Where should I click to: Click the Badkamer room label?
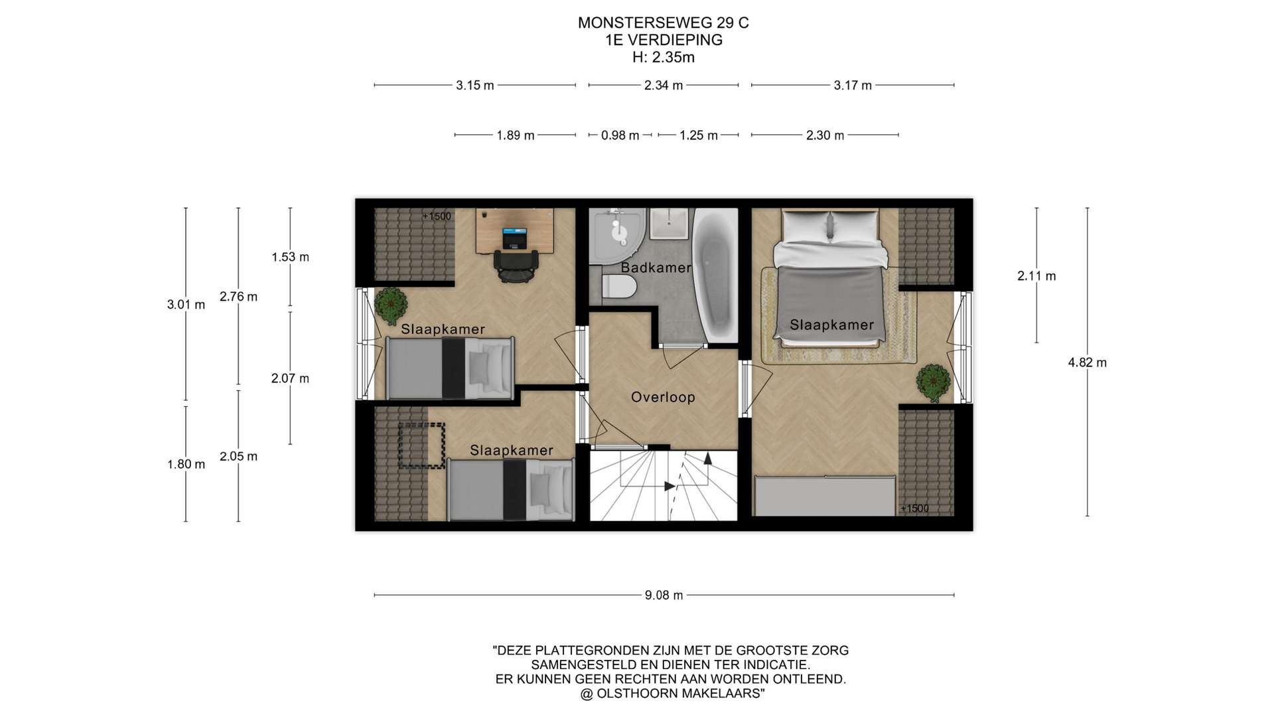click(x=656, y=268)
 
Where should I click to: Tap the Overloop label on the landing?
click(x=663, y=397)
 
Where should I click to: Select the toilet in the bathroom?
click(x=619, y=287)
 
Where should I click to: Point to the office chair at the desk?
click(x=514, y=265)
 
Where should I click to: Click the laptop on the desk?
click(x=514, y=238)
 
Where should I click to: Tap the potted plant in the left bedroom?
click(x=391, y=304)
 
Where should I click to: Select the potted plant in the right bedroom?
click(x=933, y=382)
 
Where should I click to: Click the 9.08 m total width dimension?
click(x=664, y=595)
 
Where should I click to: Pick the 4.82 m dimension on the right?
click(x=1087, y=362)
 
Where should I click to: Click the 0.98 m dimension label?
click(x=620, y=135)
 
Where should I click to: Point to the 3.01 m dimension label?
click(x=186, y=305)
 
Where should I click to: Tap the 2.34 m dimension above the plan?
click(x=664, y=85)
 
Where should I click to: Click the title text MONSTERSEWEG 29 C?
click(x=664, y=23)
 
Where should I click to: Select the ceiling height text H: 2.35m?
click(x=664, y=57)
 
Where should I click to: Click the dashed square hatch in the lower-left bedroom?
click(x=421, y=446)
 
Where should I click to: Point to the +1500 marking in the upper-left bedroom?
click(x=437, y=216)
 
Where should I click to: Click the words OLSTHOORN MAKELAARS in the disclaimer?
click(x=678, y=694)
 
